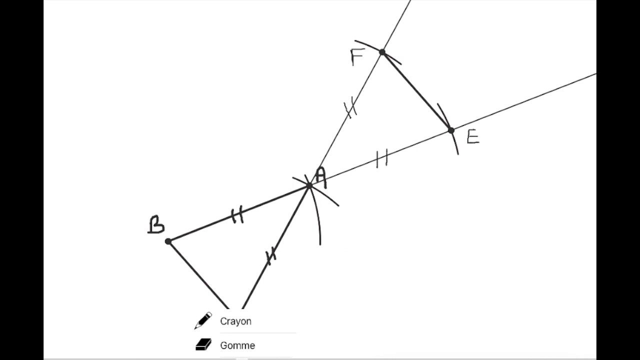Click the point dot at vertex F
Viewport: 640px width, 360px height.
pos(382,52)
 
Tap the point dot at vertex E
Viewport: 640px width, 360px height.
pos(451,130)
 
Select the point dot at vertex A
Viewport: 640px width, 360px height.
pos(309,186)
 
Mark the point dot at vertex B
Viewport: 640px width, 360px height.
pos(168,241)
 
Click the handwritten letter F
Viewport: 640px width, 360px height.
pos(357,57)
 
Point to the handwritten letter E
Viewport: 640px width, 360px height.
pos(473,136)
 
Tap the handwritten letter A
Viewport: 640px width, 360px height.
pos(321,177)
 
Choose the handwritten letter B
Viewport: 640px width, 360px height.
pos(156,224)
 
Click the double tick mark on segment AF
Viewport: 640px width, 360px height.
pos(350,107)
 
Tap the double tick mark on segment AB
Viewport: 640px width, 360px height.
pos(237,214)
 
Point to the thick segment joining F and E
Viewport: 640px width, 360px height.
pos(416,91)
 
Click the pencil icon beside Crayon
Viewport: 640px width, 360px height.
pos(203,320)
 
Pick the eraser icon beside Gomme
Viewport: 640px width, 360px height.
pos(203,344)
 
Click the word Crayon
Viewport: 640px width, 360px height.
pos(235,321)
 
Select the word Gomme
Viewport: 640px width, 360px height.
pos(237,345)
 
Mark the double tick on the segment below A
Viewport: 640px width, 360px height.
pos(271,255)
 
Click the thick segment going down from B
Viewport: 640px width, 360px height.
pos(198,275)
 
